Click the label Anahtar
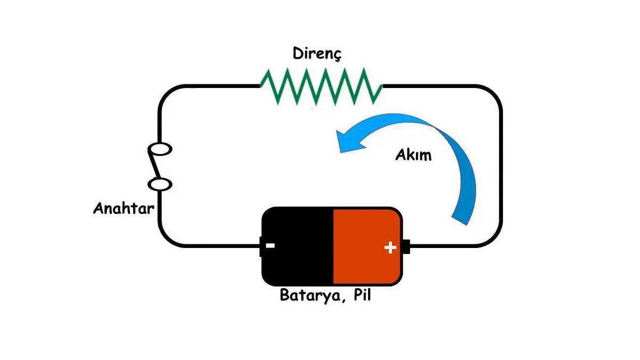124,208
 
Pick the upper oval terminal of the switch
161,149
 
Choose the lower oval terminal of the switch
161,185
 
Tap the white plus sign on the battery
390,247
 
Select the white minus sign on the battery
270,246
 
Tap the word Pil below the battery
360,295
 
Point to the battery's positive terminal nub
406,246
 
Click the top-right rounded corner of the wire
494,93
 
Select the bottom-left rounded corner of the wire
166,239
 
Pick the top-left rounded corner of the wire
166,93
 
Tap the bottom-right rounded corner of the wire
494,239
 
